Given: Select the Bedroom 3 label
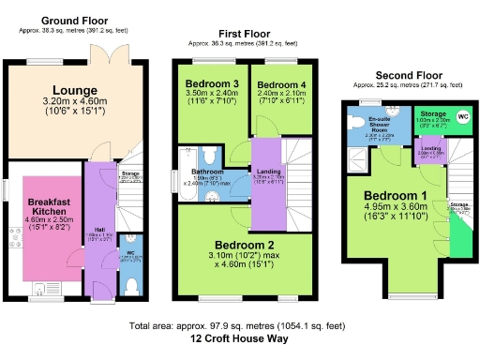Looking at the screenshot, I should (208, 83).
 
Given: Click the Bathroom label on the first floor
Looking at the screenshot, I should (208, 172).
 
